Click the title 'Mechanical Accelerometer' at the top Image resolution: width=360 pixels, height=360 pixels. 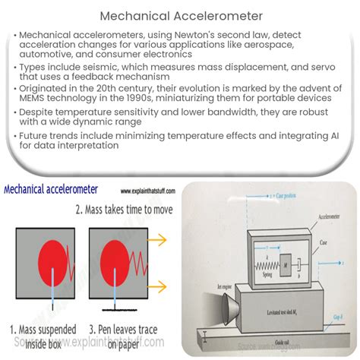(x=179, y=14)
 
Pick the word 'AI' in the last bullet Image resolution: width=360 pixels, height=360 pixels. (x=329, y=161)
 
